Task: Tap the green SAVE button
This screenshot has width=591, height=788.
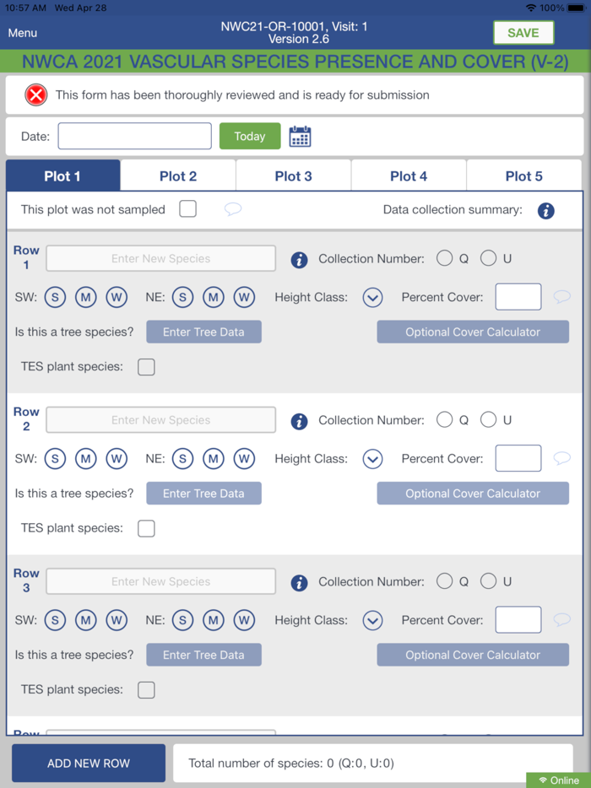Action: tap(523, 33)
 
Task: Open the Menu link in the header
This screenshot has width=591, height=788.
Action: tap(23, 33)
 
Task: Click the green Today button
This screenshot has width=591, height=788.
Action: tap(250, 136)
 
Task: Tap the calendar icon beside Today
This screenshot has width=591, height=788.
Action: tap(301, 136)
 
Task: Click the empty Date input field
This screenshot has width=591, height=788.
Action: tap(135, 136)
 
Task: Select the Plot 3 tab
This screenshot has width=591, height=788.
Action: tap(293, 175)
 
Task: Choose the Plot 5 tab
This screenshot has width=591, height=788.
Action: tap(524, 175)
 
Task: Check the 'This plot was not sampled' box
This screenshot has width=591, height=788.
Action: tap(187, 209)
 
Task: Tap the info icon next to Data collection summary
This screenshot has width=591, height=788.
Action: tap(545, 211)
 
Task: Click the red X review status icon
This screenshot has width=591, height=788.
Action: tap(36, 95)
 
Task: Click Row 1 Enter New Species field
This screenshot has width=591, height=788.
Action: tap(161, 258)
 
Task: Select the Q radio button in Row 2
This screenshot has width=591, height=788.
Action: tap(444, 419)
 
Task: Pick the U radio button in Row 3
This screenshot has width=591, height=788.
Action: tap(488, 581)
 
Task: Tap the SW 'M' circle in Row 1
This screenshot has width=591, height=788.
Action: tap(85, 297)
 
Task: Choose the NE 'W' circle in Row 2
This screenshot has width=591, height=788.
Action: tap(244, 458)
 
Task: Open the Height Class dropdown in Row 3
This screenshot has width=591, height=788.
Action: tap(372, 621)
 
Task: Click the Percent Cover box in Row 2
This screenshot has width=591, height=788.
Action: tap(518, 458)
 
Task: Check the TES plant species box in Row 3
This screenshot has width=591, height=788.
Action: tap(146, 690)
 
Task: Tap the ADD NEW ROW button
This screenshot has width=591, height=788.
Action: tap(89, 763)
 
